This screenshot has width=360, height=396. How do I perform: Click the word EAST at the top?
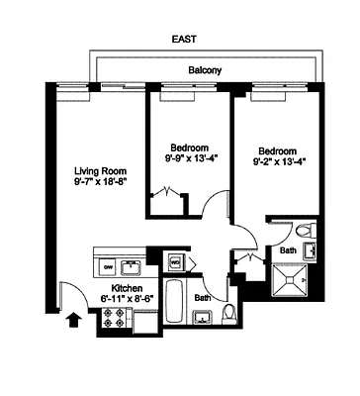click(x=183, y=40)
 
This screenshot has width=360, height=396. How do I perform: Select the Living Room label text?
click(x=99, y=169)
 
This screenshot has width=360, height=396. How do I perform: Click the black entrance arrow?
click(x=70, y=319)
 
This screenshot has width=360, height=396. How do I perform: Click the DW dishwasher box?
click(x=107, y=266)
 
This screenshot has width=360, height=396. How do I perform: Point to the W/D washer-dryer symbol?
click(x=175, y=262)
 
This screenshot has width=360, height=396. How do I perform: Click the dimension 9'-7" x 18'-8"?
click(x=99, y=182)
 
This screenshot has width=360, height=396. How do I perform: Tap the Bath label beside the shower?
click(x=287, y=251)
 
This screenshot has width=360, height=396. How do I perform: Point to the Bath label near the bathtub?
click(x=201, y=297)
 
